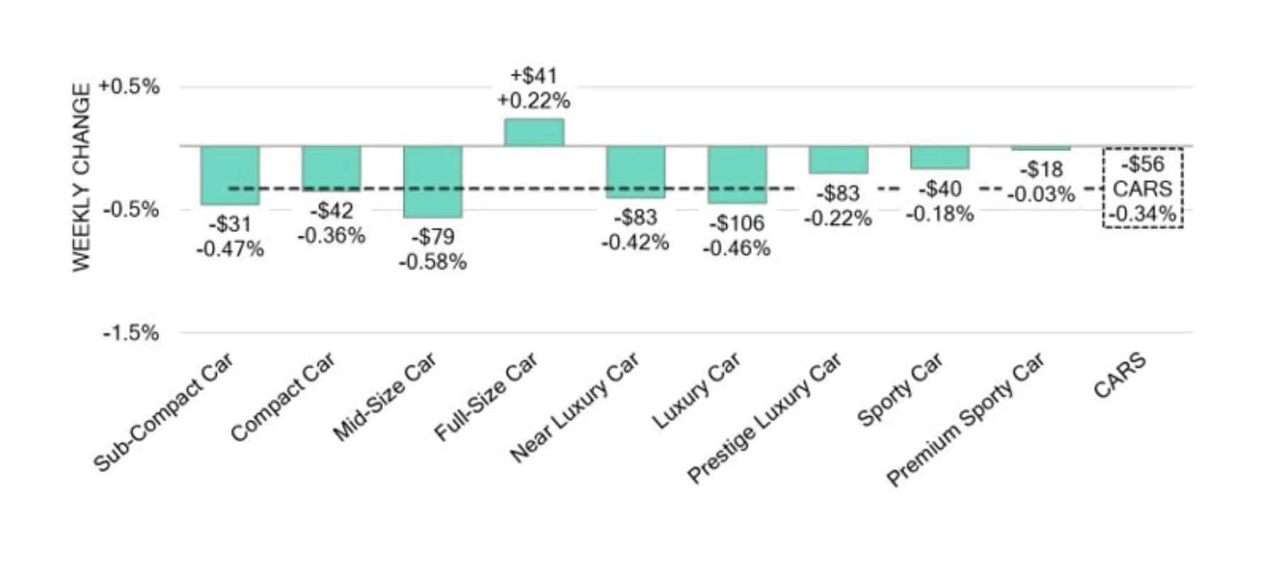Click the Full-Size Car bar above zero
pos(534,133)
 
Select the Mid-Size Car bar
pos(433,181)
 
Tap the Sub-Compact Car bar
pos(230,175)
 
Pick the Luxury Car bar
pos(737,174)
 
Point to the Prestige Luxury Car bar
pos(838,159)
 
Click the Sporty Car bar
pos(940,157)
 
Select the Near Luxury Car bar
pos(635,172)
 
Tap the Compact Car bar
pos(331,168)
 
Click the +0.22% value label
pos(534,101)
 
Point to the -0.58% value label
pos(433,262)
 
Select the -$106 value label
pos(737,223)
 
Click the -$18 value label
pos(1041,169)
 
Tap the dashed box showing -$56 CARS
pos(1142,188)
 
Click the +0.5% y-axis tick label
pos(129,86)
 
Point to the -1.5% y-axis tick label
pos(130,332)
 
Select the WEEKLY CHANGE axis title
pos(82,177)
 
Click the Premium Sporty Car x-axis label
pos(966,420)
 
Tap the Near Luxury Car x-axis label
pos(575,408)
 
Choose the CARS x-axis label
pos(1120,376)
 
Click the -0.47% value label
pos(230,249)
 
